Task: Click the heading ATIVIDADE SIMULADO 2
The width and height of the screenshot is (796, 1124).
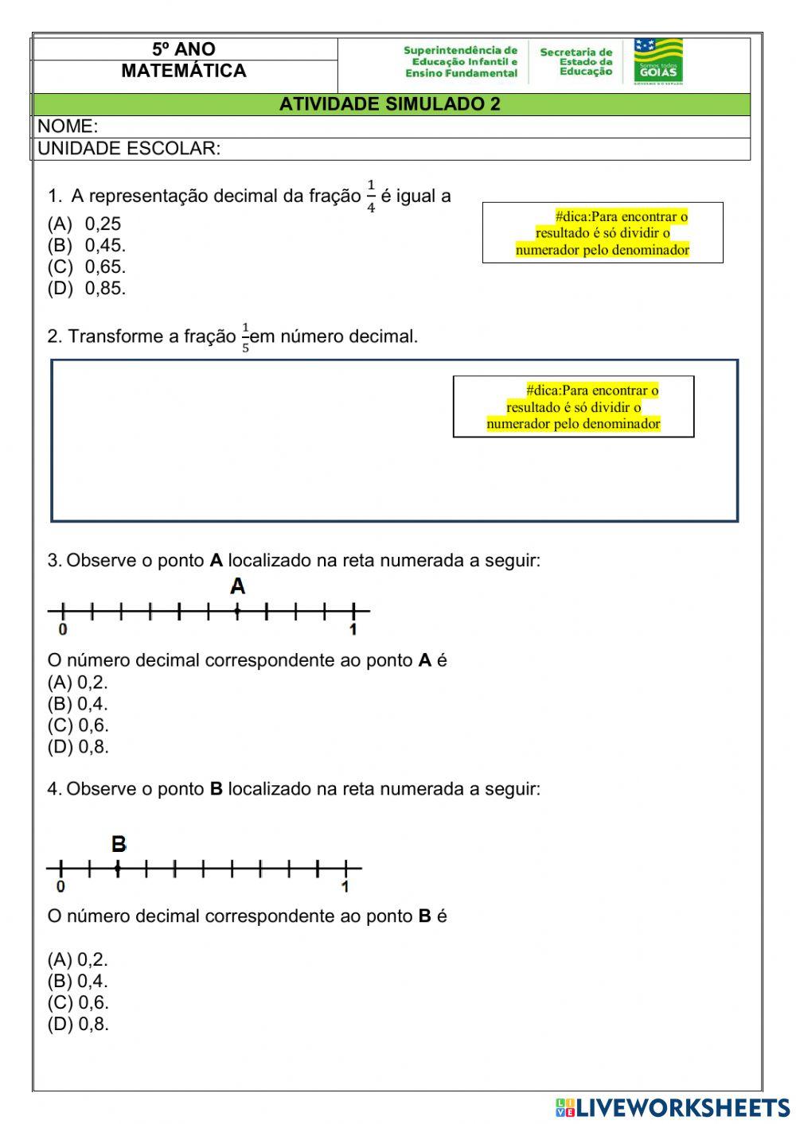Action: [x=390, y=104]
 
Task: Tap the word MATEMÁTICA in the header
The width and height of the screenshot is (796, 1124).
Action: [x=184, y=71]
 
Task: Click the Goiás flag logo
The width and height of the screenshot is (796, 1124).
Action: [x=658, y=61]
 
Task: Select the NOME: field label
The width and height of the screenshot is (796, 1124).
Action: [x=68, y=126]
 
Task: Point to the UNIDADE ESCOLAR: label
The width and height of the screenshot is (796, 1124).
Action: [x=129, y=149]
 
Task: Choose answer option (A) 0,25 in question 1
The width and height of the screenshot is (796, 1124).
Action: [x=84, y=224]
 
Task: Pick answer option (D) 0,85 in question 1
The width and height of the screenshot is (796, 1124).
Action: [x=87, y=289]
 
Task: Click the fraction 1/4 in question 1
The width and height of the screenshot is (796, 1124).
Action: [x=371, y=196]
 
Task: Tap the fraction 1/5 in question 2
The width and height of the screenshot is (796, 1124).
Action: [x=245, y=337]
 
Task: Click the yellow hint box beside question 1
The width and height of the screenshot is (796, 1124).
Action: [x=603, y=233]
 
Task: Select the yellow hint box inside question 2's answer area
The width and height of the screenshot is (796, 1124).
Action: [x=574, y=407]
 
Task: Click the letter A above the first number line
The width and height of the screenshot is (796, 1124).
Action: [x=237, y=587]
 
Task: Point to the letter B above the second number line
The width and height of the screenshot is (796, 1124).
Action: [x=119, y=844]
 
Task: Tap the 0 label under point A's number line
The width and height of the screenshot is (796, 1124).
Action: [x=63, y=630]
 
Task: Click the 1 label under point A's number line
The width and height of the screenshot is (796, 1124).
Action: [x=353, y=630]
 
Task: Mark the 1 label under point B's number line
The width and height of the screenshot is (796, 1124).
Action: [x=345, y=887]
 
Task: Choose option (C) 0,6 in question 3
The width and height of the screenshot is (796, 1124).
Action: [x=78, y=725]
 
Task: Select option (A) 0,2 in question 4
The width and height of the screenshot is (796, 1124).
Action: [x=78, y=960]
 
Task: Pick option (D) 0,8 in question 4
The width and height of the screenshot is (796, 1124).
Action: [x=78, y=1025]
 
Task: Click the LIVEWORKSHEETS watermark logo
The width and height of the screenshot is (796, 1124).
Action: [x=673, y=1107]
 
